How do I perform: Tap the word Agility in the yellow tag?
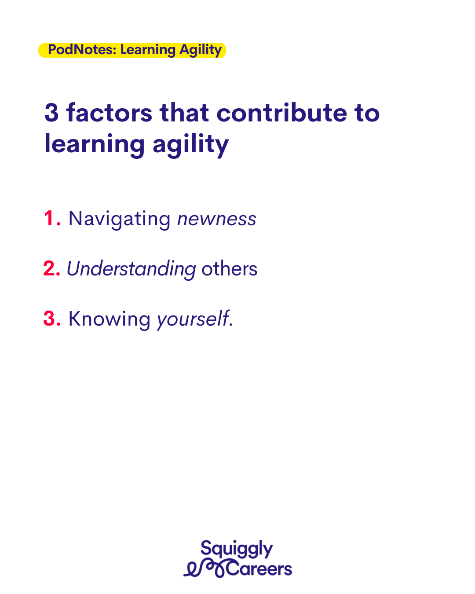click(201, 51)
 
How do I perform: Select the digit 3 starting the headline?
click(51, 113)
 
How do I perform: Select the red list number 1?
click(52, 219)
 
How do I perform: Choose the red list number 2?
click(52, 268)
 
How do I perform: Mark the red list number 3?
click(52, 319)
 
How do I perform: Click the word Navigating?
click(120, 220)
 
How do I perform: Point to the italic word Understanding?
click(132, 269)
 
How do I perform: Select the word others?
click(230, 268)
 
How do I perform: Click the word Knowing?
click(110, 319)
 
